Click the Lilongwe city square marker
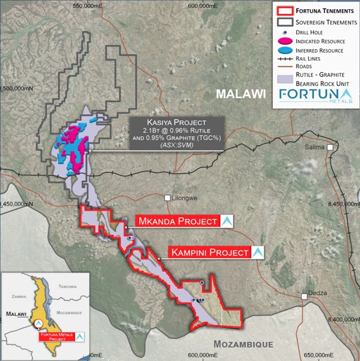(x=168, y=198)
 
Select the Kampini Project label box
(x=210, y=252)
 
